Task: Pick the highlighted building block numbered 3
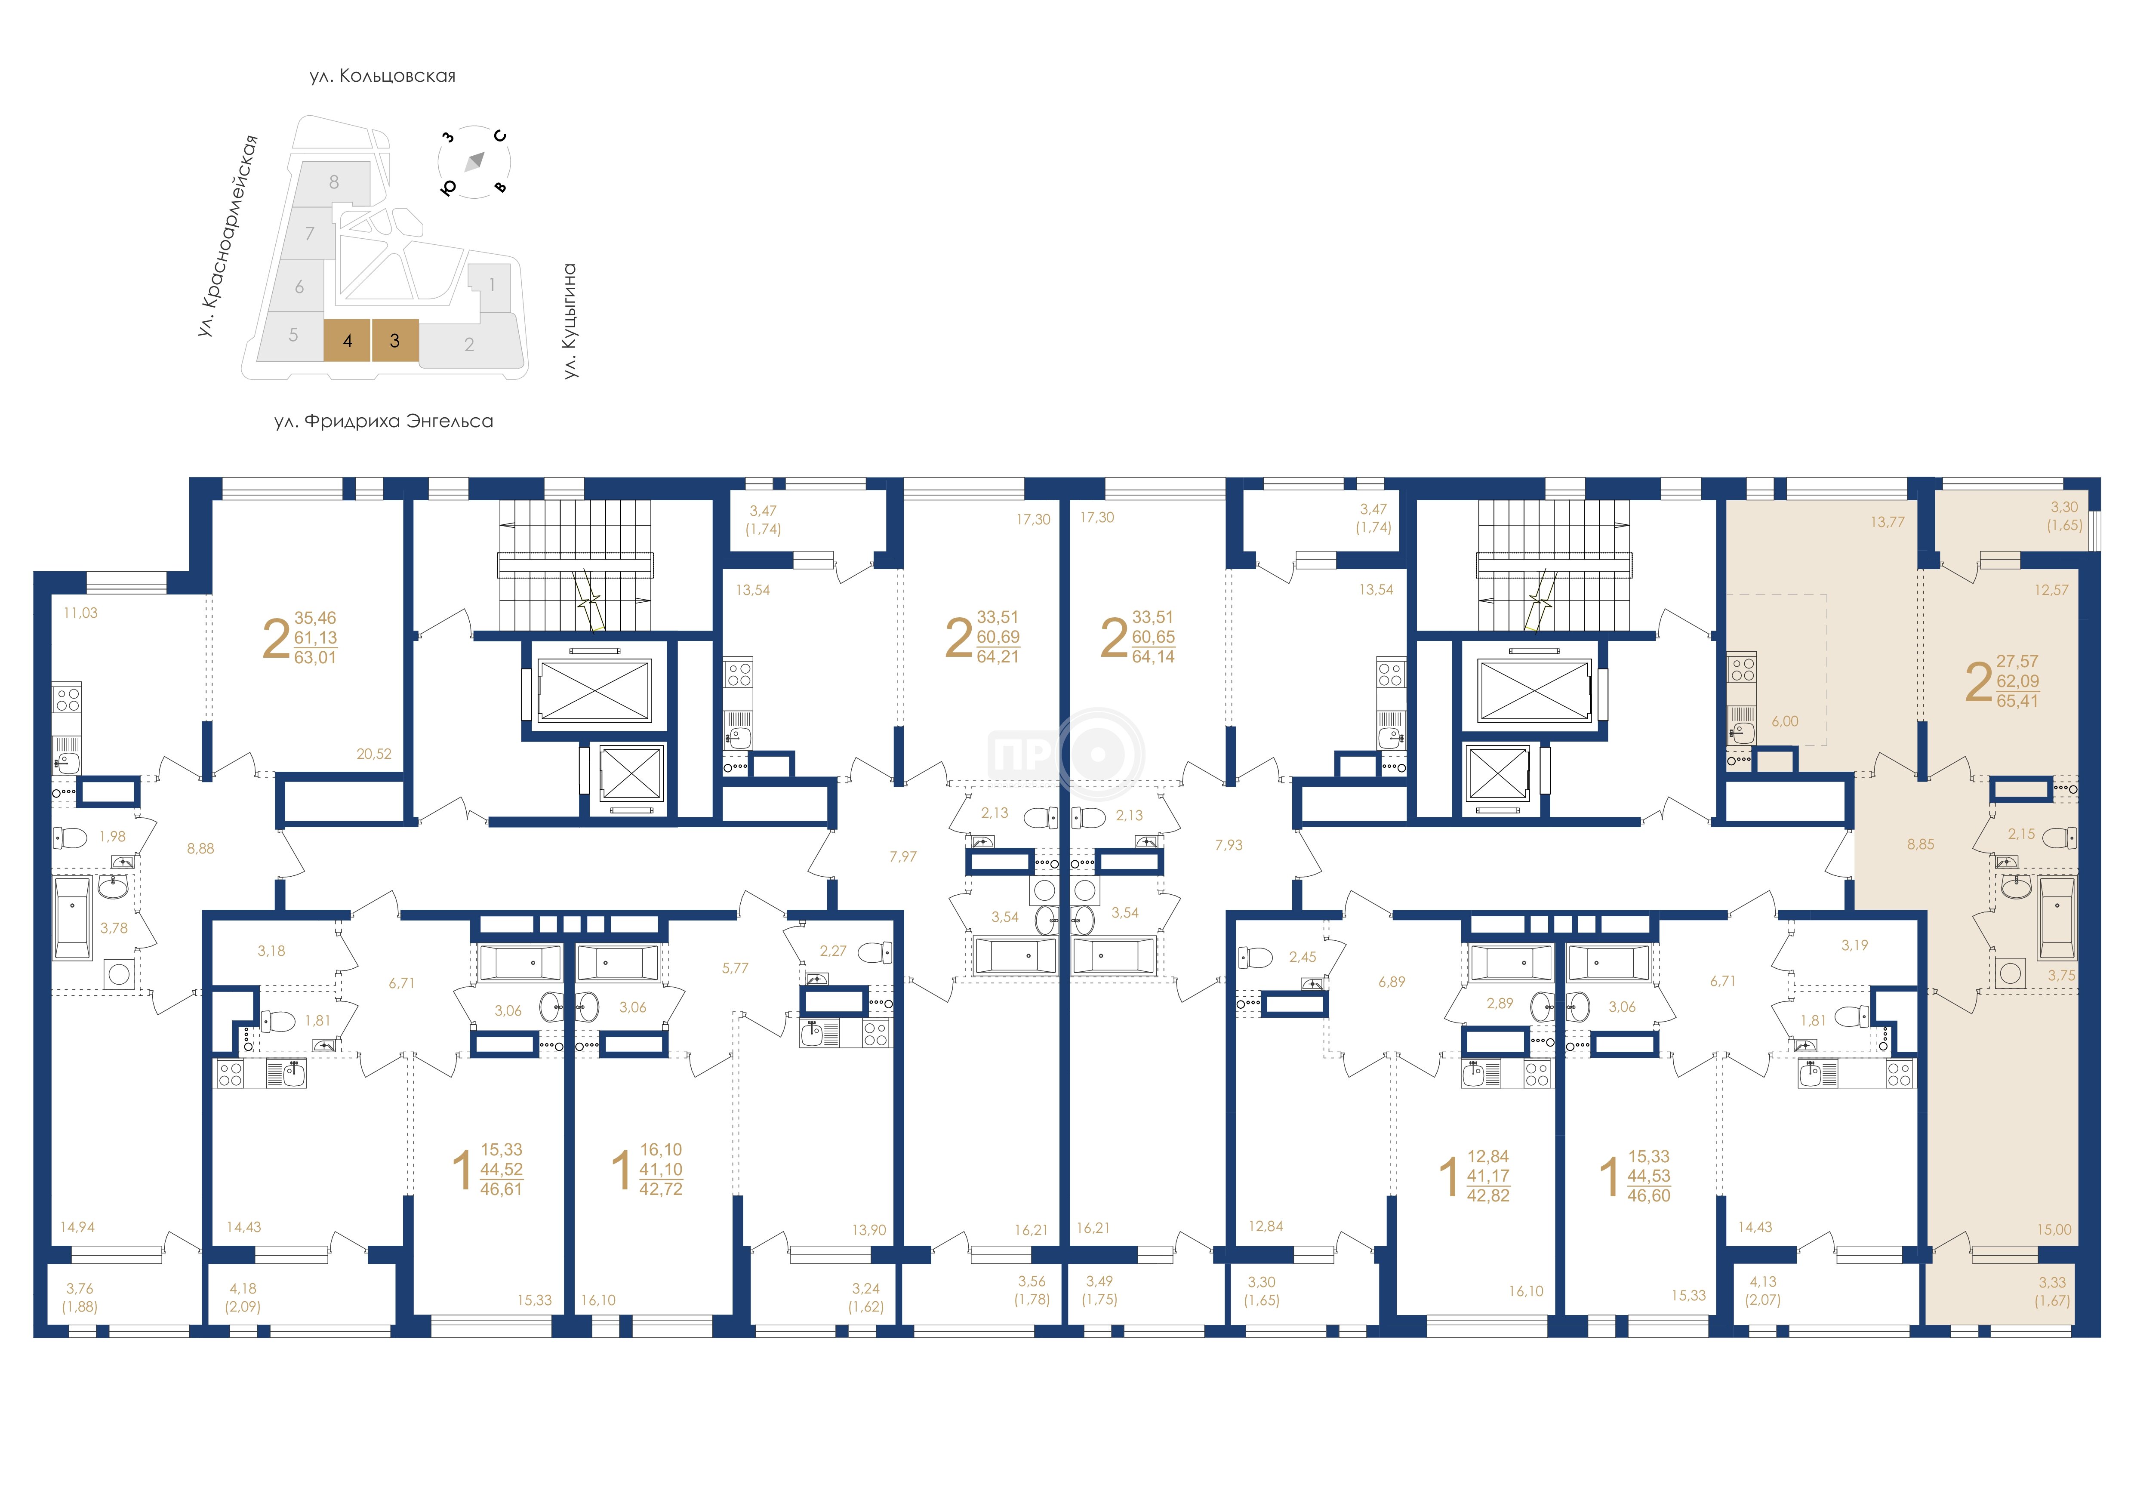coord(395,340)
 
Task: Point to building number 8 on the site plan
coord(334,182)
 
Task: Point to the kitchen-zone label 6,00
coord(1785,721)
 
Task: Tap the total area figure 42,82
coord(1488,1196)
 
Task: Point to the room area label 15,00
coord(2054,1229)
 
